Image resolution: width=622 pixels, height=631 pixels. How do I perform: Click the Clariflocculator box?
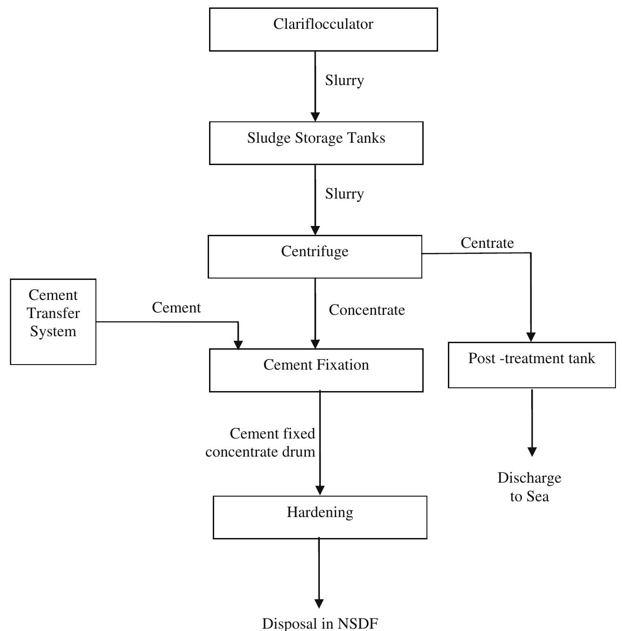pos(323,29)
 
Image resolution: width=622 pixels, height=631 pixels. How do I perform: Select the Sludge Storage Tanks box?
pos(316,143)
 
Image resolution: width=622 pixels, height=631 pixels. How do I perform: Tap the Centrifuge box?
pos(315,257)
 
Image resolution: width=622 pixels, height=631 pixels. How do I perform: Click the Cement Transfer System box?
pos(53,322)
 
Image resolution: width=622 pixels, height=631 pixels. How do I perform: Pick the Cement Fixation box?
pos(316,370)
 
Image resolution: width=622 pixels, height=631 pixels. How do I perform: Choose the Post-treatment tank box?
pos(532,365)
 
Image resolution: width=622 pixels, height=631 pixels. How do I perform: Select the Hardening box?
pos(320,517)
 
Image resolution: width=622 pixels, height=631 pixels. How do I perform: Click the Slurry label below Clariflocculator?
pos(344,80)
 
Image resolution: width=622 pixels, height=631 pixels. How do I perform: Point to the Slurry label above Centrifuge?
pos(344,193)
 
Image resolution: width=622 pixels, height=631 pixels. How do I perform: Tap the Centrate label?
pos(487,243)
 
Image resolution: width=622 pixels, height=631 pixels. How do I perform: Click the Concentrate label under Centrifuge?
pos(367,310)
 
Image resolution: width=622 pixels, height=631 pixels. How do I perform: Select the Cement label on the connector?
pos(176,308)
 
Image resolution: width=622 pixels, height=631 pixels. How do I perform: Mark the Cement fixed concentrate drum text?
pos(261,443)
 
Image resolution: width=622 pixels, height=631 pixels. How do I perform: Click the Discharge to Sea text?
pos(529,487)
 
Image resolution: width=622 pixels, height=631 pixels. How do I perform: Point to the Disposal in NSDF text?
pos(319,623)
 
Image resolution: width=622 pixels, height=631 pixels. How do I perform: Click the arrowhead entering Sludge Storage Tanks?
pos(315,117)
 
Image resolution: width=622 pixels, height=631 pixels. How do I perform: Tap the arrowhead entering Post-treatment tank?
pos(531,337)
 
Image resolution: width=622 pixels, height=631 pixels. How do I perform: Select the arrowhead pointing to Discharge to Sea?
pos(532,452)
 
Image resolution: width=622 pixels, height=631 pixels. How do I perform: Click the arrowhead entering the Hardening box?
pos(320,491)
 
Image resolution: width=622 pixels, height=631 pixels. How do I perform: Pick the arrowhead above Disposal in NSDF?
pos(319,604)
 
